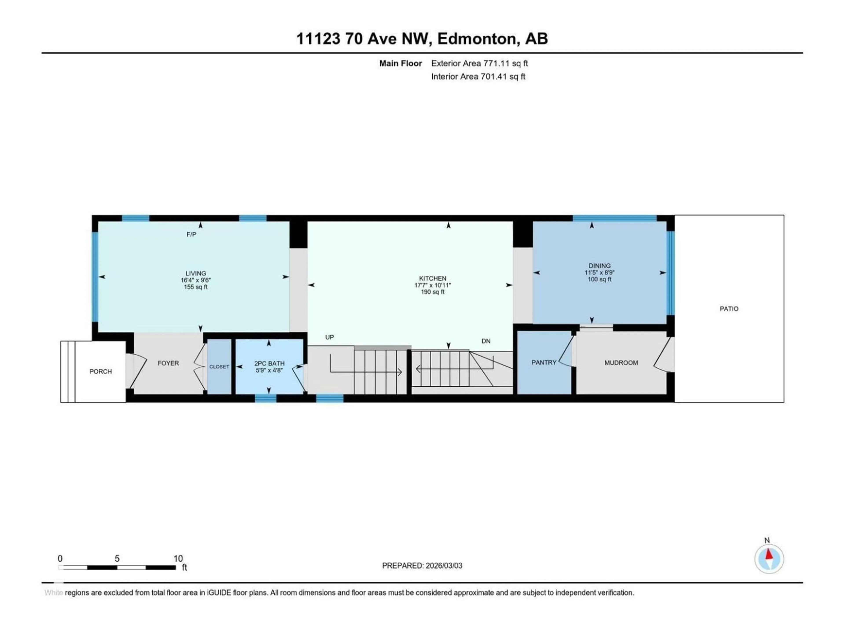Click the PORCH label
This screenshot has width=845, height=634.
click(101, 371)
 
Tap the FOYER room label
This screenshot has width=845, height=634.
click(168, 363)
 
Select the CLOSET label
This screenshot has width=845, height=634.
click(219, 367)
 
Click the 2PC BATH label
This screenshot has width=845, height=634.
click(269, 363)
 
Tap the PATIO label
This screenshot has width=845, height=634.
click(729, 309)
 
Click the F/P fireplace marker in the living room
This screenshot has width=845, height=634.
click(191, 234)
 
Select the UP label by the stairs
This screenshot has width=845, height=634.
click(329, 337)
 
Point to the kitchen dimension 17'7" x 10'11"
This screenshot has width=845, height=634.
click(432, 285)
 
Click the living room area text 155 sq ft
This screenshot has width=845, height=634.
click(196, 287)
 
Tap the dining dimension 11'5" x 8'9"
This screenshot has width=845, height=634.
click(599, 273)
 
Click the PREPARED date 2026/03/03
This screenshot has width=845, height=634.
click(443, 566)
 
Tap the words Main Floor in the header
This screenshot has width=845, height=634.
click(400, 63)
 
